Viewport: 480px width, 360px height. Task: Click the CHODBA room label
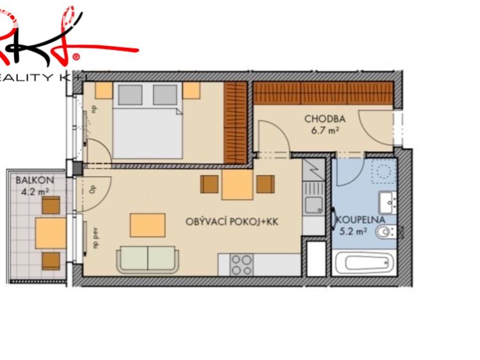[325, 119]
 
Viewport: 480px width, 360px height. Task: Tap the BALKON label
[30, 181]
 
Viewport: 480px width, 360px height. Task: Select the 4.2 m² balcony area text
[33, 191]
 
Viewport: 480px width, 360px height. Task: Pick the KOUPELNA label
[360, 220]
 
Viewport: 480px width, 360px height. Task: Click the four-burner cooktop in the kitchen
[241, 265]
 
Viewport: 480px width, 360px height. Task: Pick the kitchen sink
[314, 204]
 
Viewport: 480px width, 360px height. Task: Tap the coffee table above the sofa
[147, 225]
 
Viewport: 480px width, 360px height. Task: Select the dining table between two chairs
[238, 185]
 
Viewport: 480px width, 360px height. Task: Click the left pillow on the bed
[130, 95]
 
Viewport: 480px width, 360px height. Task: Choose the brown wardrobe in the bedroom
[235, 122]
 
